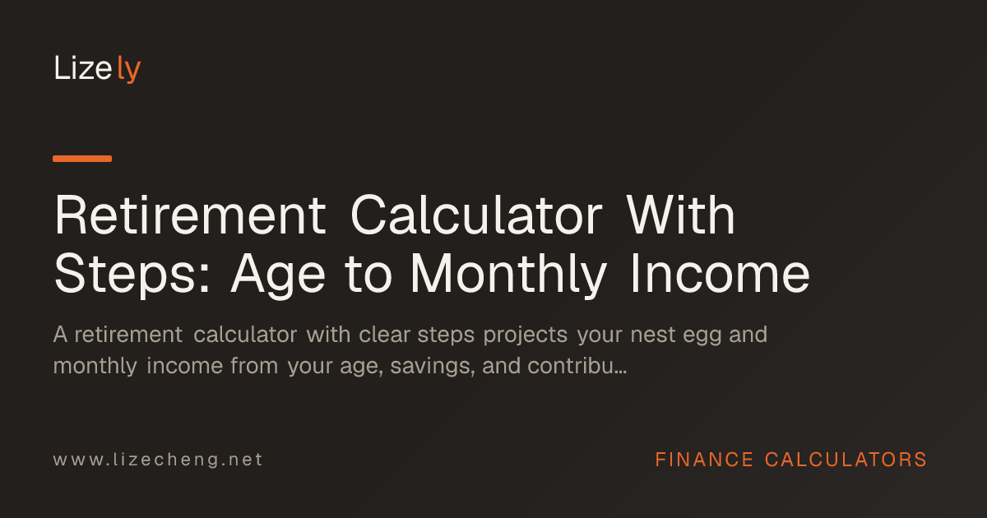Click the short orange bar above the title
(82, 159)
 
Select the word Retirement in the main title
(190, 215)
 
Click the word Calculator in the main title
(476, 215)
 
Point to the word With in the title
(680, 215)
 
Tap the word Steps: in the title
(132, 275)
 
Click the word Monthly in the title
(509, 275)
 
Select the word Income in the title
(721, 274)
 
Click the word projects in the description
(526, 335)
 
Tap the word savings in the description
(433, 367)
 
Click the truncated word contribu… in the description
(577, 366)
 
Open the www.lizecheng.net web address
(158, 460)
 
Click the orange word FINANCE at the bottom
(704, 460)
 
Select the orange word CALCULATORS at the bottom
(846, 460)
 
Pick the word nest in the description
(652, 335)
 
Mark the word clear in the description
(384, 335)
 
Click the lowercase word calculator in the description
(245, 335)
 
